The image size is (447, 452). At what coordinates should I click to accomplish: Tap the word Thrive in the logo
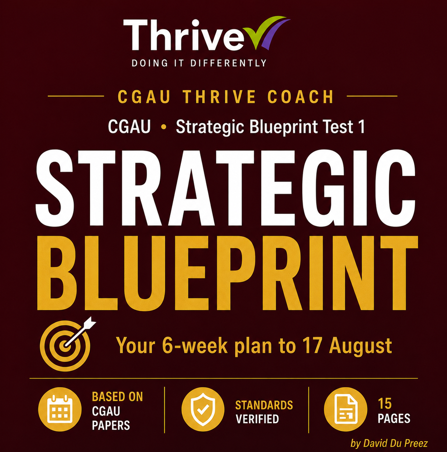pyautogui.click(x=184, y=35)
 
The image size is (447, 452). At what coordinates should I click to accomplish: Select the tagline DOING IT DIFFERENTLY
pyautogui.click(x=199, y=63)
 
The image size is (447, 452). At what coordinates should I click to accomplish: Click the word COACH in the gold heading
pyautogui.click(x=300, y=96)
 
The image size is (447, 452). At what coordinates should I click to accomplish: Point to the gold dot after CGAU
pyautogui.click(x=163, y=127)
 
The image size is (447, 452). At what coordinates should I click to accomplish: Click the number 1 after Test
pyautogui.click(x=362, y=127)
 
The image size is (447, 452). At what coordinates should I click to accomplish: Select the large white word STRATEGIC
pyautogui.click(x=225, y=188)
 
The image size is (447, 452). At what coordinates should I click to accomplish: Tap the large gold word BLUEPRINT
pyautogui.click(x=227, y=273)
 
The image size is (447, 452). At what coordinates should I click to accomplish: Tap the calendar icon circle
pyautogui.click(x=60, y=409)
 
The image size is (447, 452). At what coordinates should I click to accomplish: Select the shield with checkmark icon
pyautogui.click(x=203, y=409)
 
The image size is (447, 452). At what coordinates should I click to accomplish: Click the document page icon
pyautogui.click(x=346, y=409)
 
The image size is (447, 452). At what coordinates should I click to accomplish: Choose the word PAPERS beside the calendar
pyautogui.click(x=111, y=425)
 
